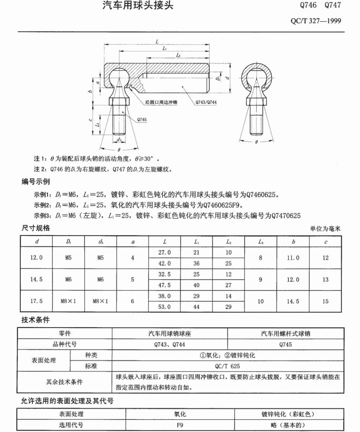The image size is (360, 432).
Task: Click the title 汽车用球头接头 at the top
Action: [137, 6]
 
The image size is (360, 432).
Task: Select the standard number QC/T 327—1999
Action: [315, 21]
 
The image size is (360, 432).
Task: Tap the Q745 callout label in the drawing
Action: [142, 119]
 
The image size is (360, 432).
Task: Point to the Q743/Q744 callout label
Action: [206, 102]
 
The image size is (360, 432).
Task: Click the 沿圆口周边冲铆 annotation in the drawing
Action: [161, 102]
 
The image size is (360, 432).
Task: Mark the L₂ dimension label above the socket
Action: [178, 55]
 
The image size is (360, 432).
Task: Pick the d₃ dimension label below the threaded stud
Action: [119, 140]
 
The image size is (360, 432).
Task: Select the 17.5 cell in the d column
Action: [36, 301]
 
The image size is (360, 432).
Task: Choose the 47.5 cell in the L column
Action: [164, 285]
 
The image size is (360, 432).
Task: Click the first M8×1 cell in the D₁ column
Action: [68, 301]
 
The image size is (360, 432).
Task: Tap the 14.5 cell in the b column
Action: [293, 301]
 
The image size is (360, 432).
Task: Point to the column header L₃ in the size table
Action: [261, 242]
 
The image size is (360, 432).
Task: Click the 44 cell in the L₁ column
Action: [196, 307]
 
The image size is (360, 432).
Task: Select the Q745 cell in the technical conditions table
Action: [285, 344]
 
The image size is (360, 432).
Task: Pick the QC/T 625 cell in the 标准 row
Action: [227, 366]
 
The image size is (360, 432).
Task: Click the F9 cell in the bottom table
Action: [180, 425]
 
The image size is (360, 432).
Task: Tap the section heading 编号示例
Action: [36, 182]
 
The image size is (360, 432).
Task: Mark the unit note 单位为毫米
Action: [325, 229]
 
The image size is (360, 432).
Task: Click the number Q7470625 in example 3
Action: [286, 216]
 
